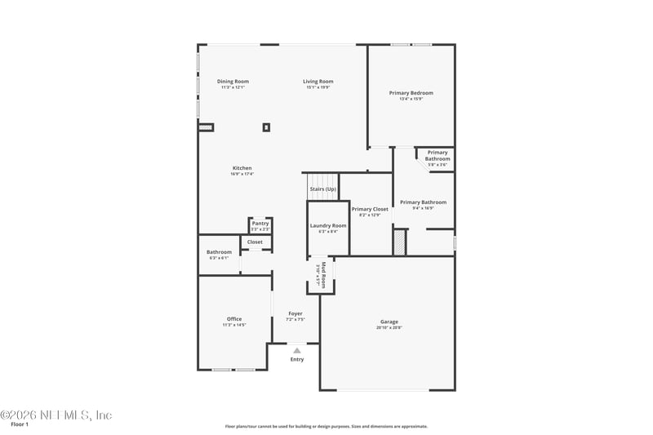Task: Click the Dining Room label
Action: pyautogui.click(x=233, y=82)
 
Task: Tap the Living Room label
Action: pyautogui.click(x=318, y=82)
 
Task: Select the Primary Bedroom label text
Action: pyautogui.click(x=411, y=93)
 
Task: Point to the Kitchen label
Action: pyautogui.click(x=242, y=168)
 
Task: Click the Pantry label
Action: pyautogui.click(x=260, y=224)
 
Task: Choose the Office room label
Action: pyautogui.click(x=234, y=319)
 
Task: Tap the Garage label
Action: pyautogui.click(x=389, y=322)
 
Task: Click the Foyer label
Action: pyautogui.click(x=295, y=313)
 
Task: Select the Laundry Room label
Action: pyautogui.click(x=327, y=225)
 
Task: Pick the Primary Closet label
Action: pyautogui.click(x=370, y=210)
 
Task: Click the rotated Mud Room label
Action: pyautogui.click(x=323, y=275)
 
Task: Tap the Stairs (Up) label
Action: pyautogui.click(x=322, y=189)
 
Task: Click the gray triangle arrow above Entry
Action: pyautogui.click(x=297, y=350)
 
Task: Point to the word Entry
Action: pyautogui.click(x=297, y=359)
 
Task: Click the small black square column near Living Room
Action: pyautogui.click(x=266, y=127)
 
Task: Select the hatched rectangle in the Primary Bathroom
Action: pyautogui.click(x=399, y=242)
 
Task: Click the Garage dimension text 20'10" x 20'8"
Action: pyautogui.click(x=389, y=327)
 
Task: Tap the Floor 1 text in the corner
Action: pyautogui.click(x=20, y=424)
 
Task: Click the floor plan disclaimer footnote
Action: pyautogui.click(x=326, y=426)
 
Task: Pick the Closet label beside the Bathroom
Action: pyautogui.click(x=255, y=242)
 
